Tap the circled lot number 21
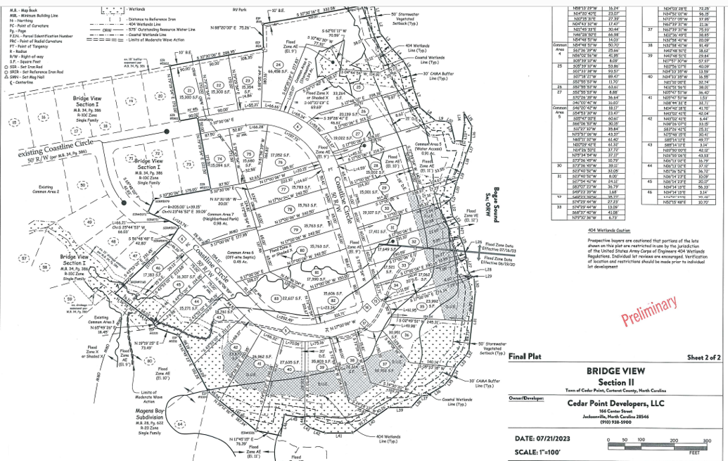pyautogui.click(x=189, y=90)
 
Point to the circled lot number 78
pyautogui.click(x=289, y=209)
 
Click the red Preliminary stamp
pyautogui.click(x=649, y=310)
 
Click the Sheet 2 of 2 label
pyautogui.click(x=704, y=357)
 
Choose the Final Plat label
pyautogui.click(x=525, y=356)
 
